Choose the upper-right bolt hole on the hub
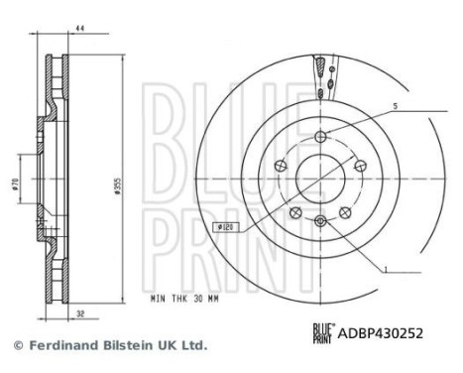[356, 163]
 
